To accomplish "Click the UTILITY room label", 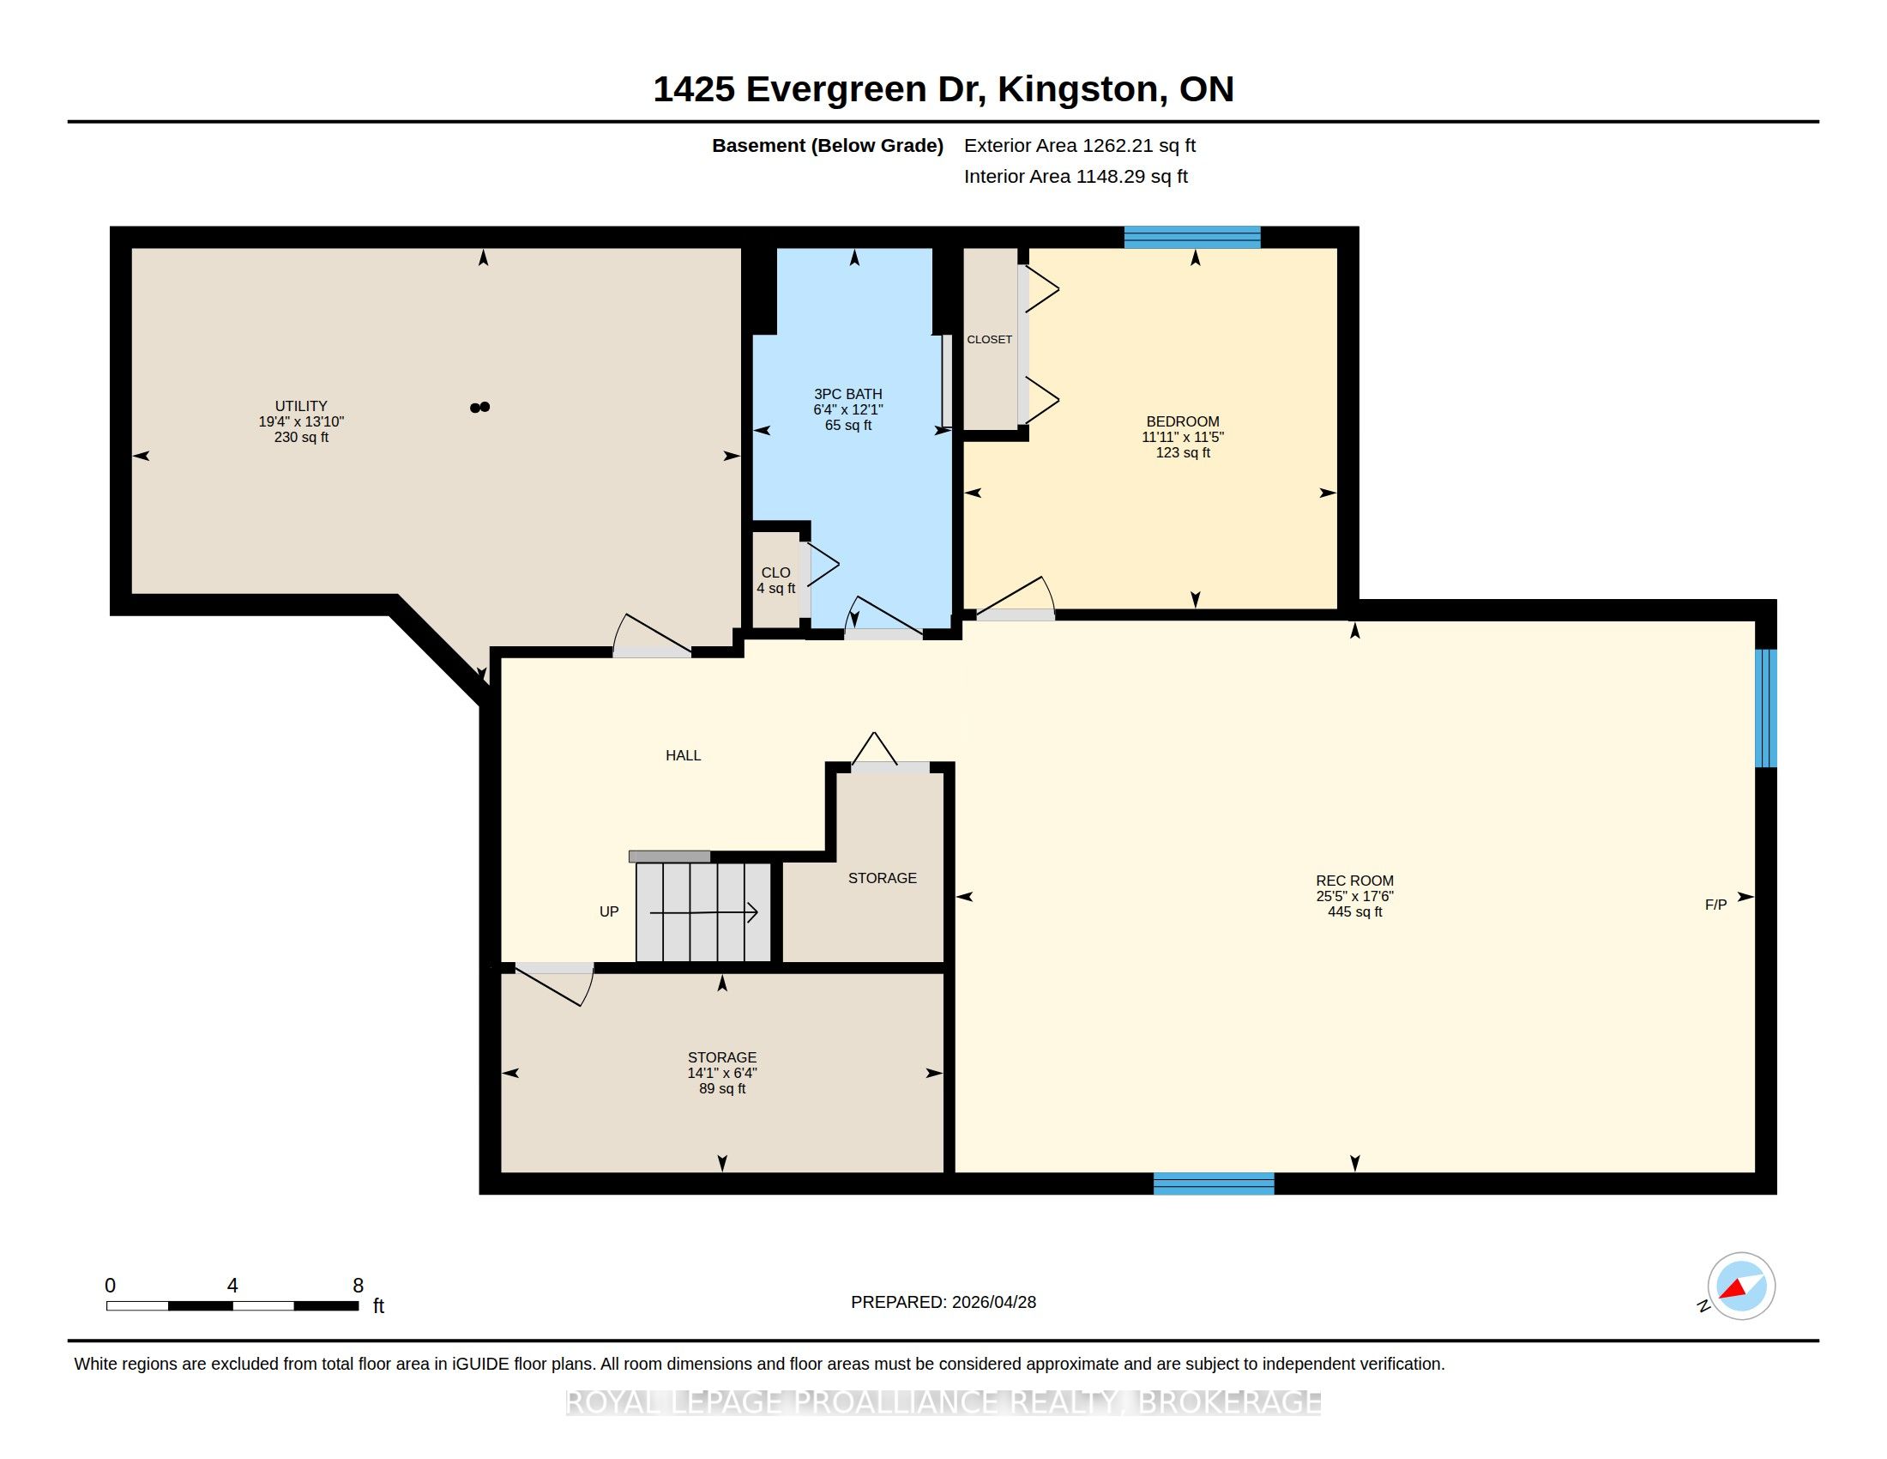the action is [301, 405].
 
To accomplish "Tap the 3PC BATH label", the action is [847, 394].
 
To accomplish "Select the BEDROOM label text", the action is [1183, 421].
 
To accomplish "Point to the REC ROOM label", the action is [1354, 881].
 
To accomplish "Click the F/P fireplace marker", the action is [1716, 905].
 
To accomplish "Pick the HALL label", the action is [683, 755].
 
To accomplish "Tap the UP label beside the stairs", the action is [609, 911].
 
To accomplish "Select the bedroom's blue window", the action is [1192, 237].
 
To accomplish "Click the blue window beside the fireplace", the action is [1766, 708].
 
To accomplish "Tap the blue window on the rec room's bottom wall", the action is [1214, 1184].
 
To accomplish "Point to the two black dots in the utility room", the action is [479, 407].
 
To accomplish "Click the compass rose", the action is [1741, 1286].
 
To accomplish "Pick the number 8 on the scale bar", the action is [358, 1286].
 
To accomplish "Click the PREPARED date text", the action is [944, 1302].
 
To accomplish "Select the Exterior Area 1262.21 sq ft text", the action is [1080, 145].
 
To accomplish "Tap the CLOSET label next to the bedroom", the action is [989, 340].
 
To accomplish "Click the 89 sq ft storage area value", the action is [722, 1088].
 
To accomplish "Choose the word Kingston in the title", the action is [1078, 89].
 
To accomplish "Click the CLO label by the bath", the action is [776, 572].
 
